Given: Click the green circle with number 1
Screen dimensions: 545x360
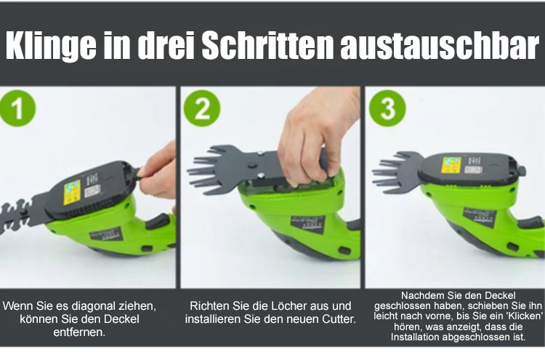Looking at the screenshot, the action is point(17,108).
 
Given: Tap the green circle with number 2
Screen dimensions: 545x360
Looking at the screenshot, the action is point(202,108).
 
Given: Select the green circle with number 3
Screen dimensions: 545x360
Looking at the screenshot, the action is point(387,108).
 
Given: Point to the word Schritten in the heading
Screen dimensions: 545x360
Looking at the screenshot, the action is point(267,45).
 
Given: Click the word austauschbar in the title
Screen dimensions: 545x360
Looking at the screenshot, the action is point(440,45).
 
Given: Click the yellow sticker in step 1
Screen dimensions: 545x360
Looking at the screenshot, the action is point(72,192).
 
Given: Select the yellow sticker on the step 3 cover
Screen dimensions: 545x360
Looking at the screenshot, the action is point(451,165).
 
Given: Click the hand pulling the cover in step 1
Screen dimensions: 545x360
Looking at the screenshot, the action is point(158,172).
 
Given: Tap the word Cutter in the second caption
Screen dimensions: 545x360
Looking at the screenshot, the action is point(336,319).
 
